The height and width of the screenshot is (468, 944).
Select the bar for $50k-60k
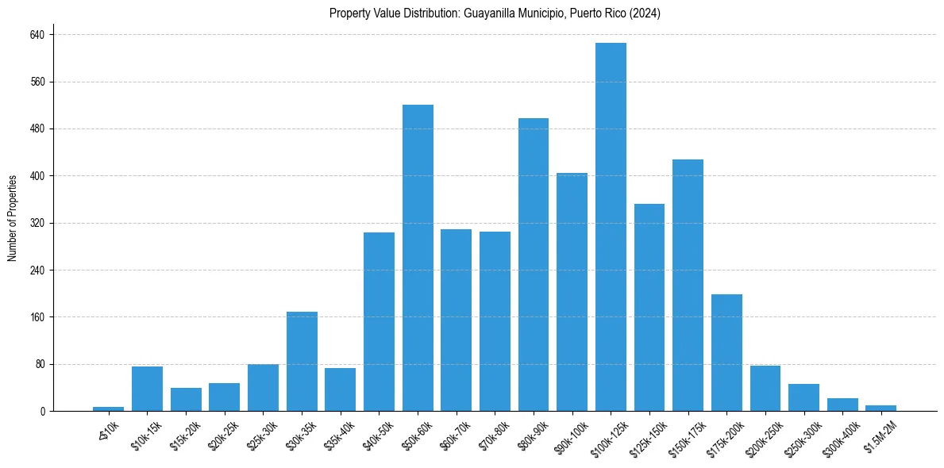coord(418,258)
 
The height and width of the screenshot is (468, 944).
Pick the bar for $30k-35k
coord(302,361)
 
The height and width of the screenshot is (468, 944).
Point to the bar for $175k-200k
coord(726,352)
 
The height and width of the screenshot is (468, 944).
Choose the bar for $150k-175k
coord(688,285)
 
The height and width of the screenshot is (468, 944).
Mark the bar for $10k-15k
coord(147,389)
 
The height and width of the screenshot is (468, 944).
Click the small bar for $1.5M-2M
coord(880,408)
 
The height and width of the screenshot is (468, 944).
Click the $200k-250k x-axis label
coord(765,434)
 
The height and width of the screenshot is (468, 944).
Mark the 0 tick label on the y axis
coord(44,411)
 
